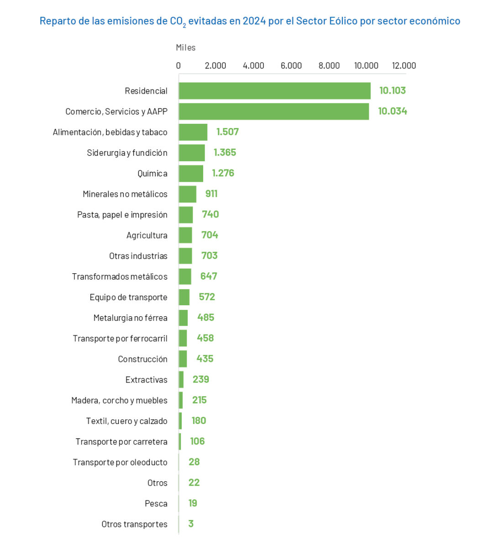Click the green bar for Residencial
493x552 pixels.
(x=274, y=91)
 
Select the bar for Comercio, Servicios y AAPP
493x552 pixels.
(x=273, y=111)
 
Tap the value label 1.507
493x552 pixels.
(x=227, y=132)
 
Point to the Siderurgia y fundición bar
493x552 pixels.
(x=192, y=153)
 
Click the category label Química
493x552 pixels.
(x=152, y=174)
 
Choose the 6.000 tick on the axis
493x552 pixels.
(x=291, y=65)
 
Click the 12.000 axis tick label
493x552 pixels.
(x=404, y=65)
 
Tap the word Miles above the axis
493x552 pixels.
(x=186, y=48)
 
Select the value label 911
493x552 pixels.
(x=211, y=194)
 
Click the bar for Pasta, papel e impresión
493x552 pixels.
(x=186, y=215)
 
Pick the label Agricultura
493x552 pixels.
(x=147, y=235)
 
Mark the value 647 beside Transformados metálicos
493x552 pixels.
(x=209, y=276)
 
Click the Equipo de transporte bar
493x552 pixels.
(x=184, y=297)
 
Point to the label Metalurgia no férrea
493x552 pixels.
(x=131, y=318)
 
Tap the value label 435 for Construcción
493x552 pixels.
(x=205, y=359)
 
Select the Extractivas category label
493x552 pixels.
(x=147, y=380)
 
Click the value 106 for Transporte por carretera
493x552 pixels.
(x=197, y=441)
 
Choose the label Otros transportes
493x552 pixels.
(x=135, y=524)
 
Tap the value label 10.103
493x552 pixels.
(x=393, y=90)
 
